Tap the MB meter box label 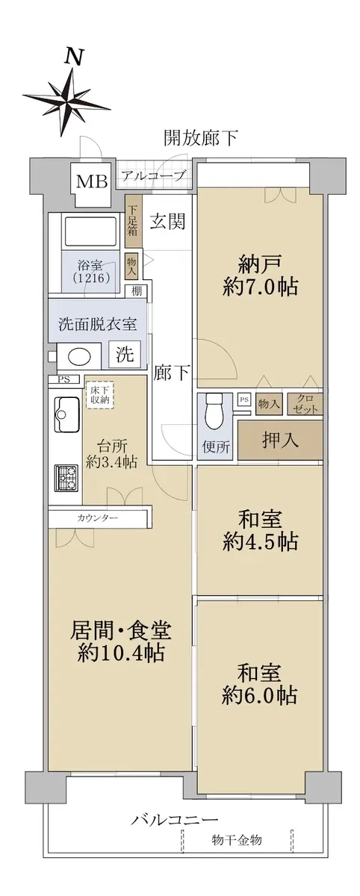click(x=92, y=181)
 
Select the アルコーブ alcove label click(x=154, y=175)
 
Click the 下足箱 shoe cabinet click(x=132, y=221)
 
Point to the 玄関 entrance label click(x=167, y=221)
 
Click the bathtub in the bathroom click(x=90, y=232)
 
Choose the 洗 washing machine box click(x=125, y=354)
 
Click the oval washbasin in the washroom click(x=81, y=355)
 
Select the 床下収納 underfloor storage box click(x=99, y=396)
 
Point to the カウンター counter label click(x=98, y=518)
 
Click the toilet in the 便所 click(x=214, y=412)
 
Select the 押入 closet click(x=280, y=440)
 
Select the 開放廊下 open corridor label click(x=201, y=138)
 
